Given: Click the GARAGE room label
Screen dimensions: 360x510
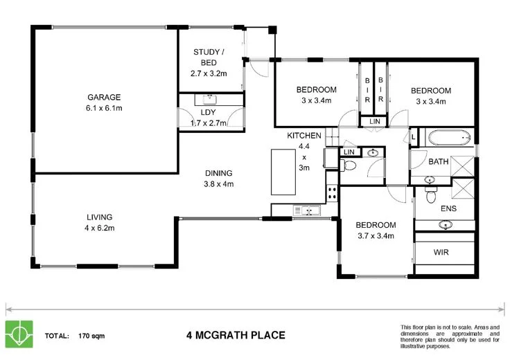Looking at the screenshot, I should pyautogui.click(x=104, y=97).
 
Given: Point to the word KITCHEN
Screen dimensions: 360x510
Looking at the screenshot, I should pyautogui.click(x=304, y=136).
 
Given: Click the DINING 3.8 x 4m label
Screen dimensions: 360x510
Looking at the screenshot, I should pyautogui.click(x=218, y=179).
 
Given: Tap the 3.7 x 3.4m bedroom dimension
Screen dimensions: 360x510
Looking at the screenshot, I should pyautogui.click(x=376, y=236).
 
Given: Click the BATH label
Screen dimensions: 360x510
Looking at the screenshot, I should pyautogui.click(x=438, y=162).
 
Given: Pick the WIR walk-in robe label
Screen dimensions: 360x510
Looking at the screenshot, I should pyautogui.click(x=441, y=252).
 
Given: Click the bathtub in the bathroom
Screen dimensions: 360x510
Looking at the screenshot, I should pyautogui.click(x=450, y=138).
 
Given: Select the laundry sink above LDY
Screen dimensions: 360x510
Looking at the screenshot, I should pyautogui.click(x=211, y=98).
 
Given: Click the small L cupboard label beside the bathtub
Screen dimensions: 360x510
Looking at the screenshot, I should pyautogui.click(x=414, y=138).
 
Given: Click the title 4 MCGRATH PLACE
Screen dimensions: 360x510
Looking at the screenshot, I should pyautogui.click(x=236, y=336).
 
